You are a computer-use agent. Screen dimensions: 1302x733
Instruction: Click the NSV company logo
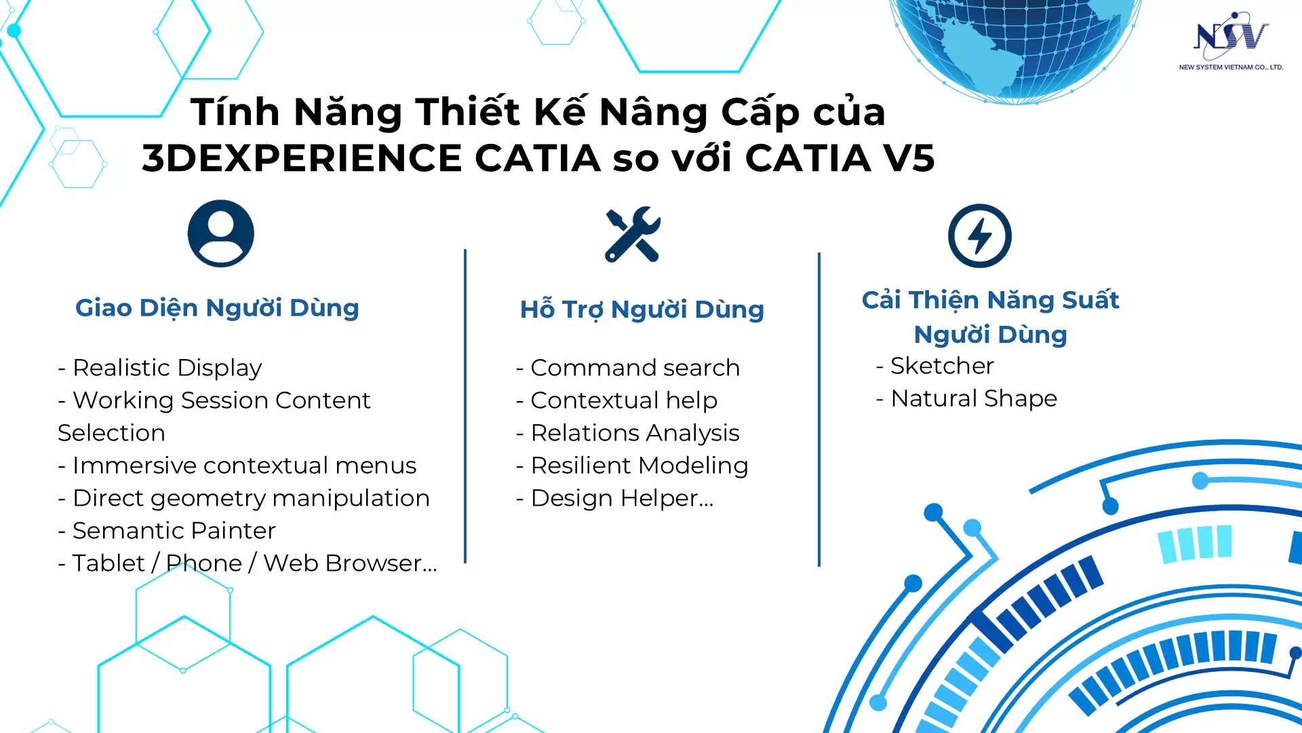point(1231,41)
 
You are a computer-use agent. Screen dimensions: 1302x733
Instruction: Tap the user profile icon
point(221,233)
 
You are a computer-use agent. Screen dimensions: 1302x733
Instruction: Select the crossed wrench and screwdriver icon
point(633,234)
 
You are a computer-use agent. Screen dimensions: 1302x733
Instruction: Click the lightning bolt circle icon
point(980,236)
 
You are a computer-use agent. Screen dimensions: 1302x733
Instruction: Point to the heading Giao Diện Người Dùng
point(217,308)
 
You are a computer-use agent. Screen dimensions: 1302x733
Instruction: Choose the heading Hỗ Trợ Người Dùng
point(642,309)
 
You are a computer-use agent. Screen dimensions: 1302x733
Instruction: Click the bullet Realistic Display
point(160,368)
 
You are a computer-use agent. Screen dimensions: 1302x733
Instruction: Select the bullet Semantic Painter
point(167,531)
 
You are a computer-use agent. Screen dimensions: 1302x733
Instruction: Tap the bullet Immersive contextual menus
point(237,466)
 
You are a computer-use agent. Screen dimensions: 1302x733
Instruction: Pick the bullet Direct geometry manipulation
point(244,498)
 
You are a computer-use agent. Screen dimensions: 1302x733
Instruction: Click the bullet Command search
point(628,368)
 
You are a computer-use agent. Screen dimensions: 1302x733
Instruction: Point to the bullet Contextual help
point(617,400)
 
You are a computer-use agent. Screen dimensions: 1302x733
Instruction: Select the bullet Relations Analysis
point(628,433)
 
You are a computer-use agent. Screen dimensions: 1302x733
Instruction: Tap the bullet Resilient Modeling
point(632,466)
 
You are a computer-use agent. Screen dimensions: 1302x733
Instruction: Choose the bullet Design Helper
point(615,498)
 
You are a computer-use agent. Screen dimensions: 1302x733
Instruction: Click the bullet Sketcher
point(935,366)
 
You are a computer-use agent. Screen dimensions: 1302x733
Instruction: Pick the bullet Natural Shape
point(966,398)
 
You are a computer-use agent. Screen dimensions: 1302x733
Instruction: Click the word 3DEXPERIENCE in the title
point(302,158)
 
